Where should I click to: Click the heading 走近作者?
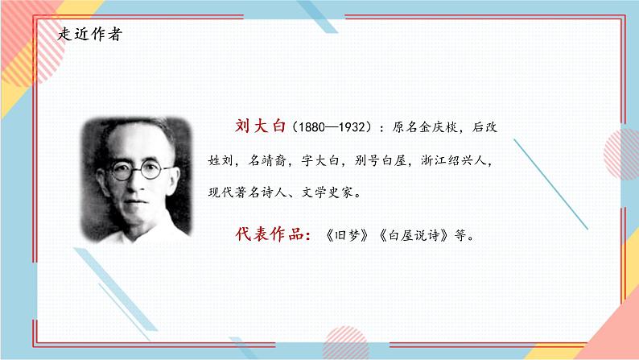pyautogui.click(x=91, y=35)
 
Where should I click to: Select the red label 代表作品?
pyautogui.click(x=262, y=234)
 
